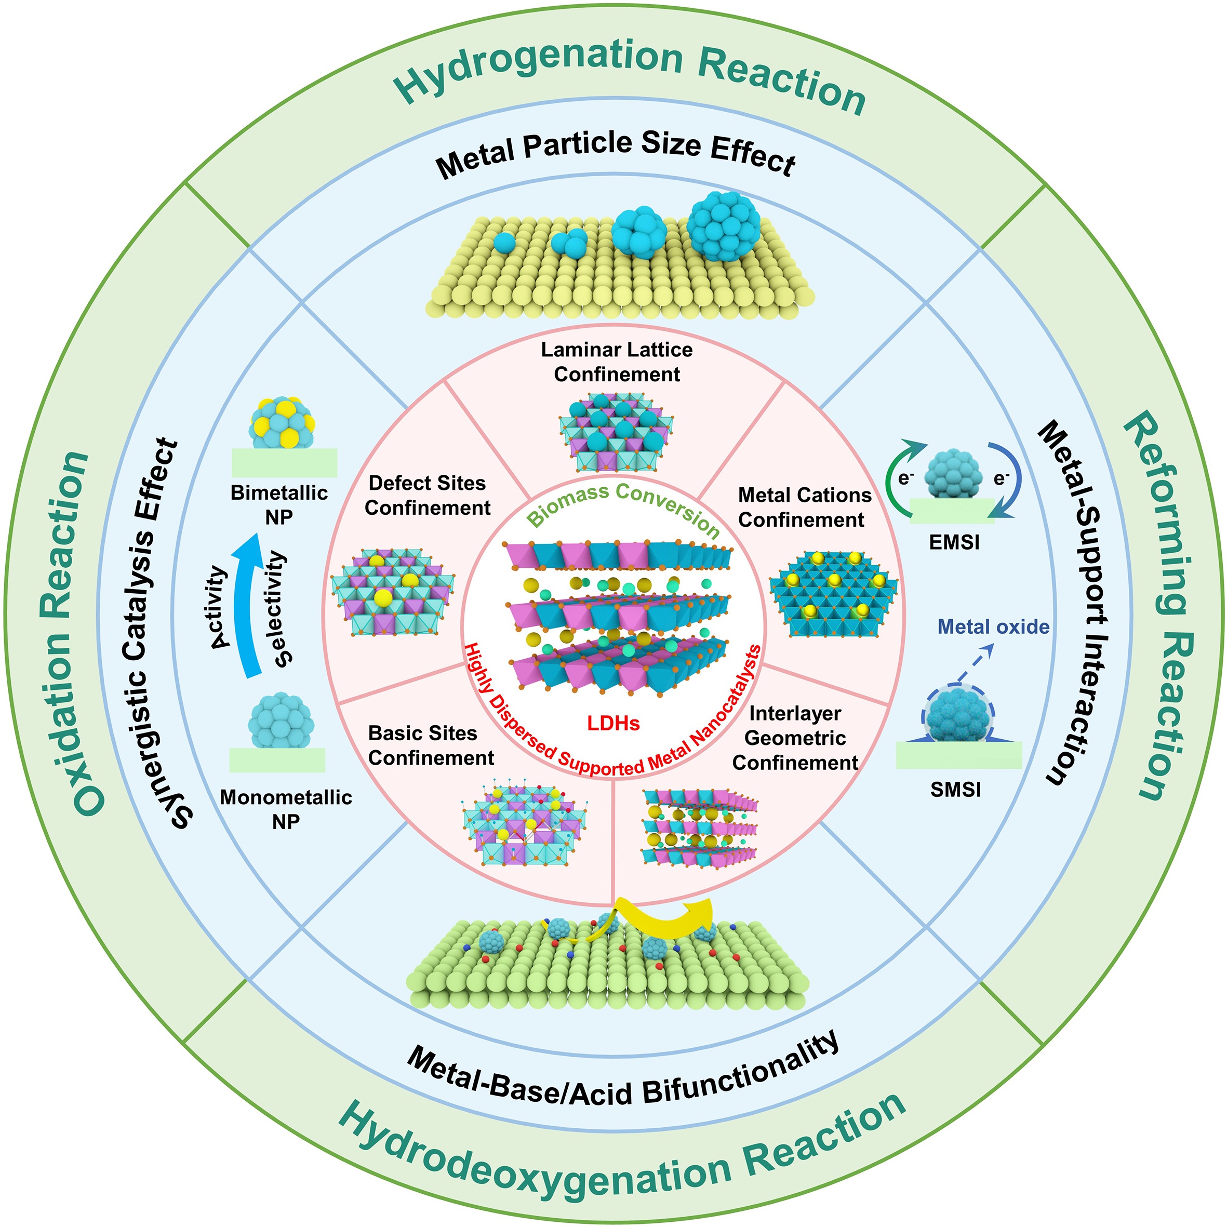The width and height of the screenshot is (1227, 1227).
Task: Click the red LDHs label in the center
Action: coord(613,723)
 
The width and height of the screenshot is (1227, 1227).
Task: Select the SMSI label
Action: coord(955,790)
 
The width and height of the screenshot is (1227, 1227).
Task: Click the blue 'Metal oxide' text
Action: coord(993,627)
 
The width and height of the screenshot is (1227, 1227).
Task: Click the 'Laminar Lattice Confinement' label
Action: coord(616,362)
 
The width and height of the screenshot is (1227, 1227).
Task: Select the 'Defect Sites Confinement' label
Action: coord(427,496)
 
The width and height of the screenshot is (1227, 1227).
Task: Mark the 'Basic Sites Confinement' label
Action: coord(430,745)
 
